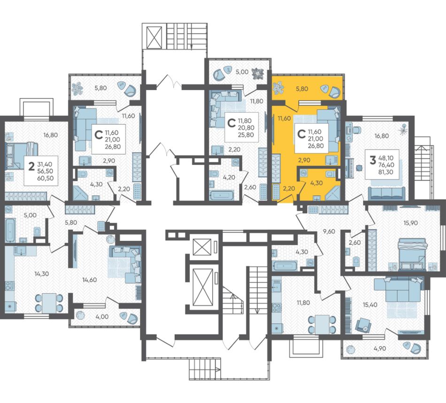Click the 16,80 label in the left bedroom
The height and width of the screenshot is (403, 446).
tap(50, 135)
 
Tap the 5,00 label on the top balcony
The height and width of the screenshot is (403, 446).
tap(242, 72)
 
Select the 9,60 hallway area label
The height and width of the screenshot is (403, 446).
tap(329, 231)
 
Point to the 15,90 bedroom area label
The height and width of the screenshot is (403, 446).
tap(410, 223)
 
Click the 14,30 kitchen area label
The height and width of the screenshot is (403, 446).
tap(42, 274)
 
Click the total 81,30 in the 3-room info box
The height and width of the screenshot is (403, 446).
tap(386, 172)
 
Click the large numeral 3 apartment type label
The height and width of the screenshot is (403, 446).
tap(372, 160)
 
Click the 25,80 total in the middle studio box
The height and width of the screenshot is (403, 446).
tap(246, 135)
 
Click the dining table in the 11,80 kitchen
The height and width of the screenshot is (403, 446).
tap(322, 324)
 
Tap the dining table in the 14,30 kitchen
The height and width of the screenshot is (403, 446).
tap(49, 303)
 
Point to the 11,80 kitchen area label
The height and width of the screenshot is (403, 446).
tap(303, 303)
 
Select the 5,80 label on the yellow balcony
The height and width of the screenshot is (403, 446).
tap(302, 89)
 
